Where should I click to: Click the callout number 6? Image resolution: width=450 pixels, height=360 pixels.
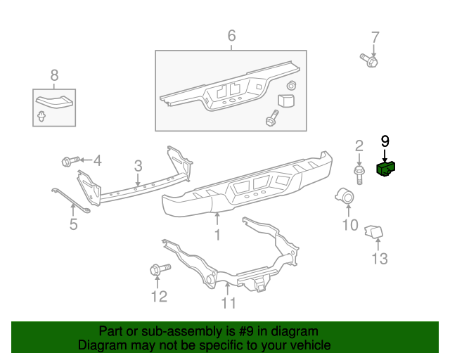[231, 36]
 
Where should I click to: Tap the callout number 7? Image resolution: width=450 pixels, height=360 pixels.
[375, 37]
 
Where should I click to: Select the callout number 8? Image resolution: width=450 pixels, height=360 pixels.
[54, 75]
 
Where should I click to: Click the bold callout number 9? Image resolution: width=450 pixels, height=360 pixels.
[385, 141]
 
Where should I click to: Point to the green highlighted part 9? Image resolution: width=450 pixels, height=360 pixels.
[386, 169]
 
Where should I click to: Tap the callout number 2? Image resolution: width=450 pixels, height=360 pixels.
[359, 146]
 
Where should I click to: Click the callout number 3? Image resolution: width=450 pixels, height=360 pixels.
[139, 166]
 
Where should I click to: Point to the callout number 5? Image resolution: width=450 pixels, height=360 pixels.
[73, 225]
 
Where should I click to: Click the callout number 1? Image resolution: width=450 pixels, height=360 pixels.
[217, 235]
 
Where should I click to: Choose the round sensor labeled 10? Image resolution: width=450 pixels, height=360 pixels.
[346, 196]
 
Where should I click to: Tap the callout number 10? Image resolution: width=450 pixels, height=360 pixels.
[349, 225]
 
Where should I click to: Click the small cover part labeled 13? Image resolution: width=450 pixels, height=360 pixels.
[373, 231]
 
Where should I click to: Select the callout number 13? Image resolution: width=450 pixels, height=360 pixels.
[379, 259]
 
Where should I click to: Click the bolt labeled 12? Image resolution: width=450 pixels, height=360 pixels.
[158, 269]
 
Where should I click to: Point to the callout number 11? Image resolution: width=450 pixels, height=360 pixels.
[229, 303]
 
